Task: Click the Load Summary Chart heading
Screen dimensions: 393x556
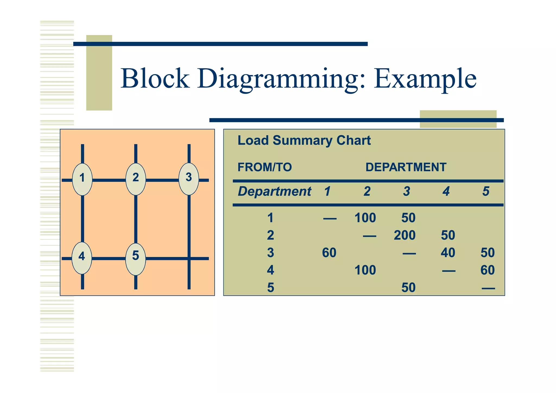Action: coord(304,140)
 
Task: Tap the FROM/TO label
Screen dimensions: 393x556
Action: coord(264,167)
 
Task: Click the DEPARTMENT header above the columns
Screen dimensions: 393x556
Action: coord(406,167)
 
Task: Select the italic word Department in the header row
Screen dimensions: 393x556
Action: coord(274,191)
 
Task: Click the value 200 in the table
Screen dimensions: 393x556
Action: coord(405,235)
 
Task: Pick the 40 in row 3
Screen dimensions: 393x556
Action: coord(448,253)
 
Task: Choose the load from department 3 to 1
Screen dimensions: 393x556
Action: coord(329,253)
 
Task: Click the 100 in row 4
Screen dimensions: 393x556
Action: coord(365,270)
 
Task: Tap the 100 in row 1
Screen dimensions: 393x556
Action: coord(365,218)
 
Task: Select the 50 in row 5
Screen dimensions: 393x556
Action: coord(408,288)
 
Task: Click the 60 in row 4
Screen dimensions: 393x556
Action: coord(487,270)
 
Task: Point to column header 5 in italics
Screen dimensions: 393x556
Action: coord(486,191)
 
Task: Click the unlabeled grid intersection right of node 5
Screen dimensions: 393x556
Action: coord(189,259)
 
